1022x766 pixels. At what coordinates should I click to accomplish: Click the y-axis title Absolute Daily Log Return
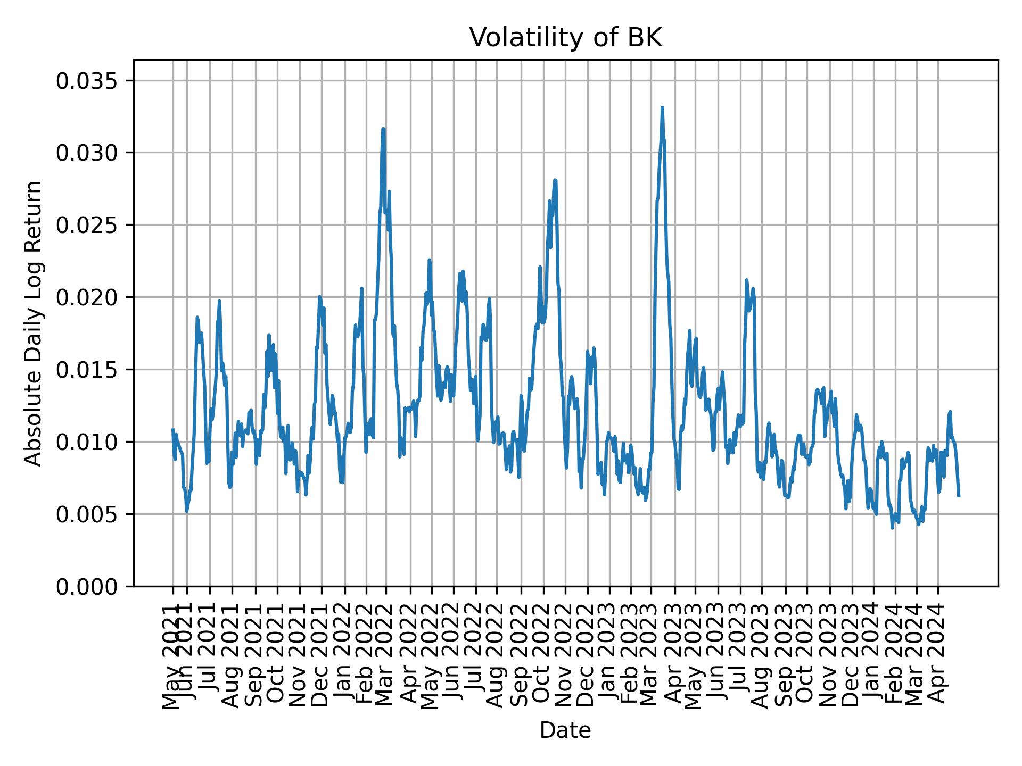pos(34,323)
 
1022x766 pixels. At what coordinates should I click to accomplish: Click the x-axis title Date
pos(565,731)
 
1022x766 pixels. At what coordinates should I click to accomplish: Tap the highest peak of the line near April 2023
pos(662,107)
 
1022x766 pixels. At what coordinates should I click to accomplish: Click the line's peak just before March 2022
pos(383,129)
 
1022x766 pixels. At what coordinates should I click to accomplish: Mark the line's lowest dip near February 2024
pos(892,528)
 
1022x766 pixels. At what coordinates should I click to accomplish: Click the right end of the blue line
pos(959,496)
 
